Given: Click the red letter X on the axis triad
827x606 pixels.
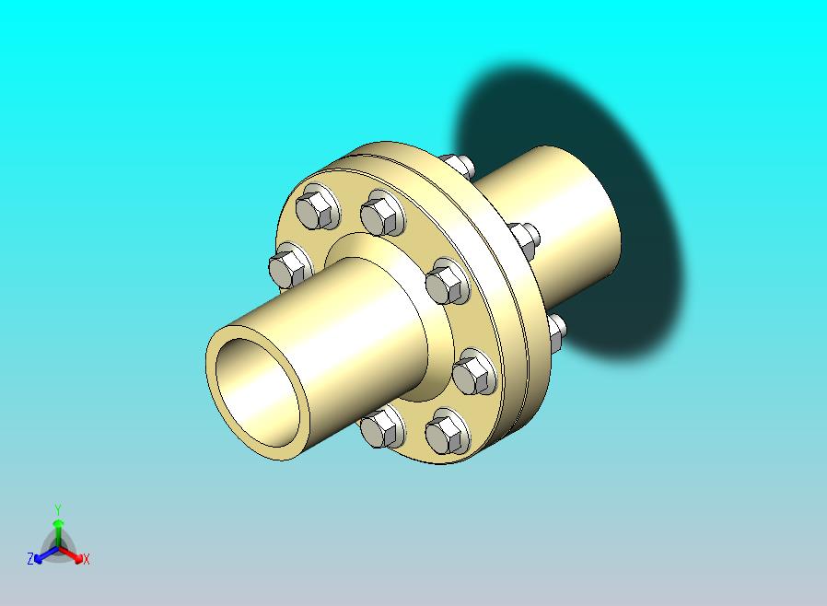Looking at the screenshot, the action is coord(87,560).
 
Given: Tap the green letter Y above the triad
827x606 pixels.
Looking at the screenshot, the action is coord(58,509).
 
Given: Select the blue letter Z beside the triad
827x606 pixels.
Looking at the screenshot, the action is coord(30,558).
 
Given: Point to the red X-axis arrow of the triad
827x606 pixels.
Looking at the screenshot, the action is coord(70,554).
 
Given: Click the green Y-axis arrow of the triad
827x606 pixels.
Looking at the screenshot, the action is coord(58,534).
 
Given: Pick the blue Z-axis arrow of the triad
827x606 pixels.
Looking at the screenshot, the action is coord(46,554).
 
